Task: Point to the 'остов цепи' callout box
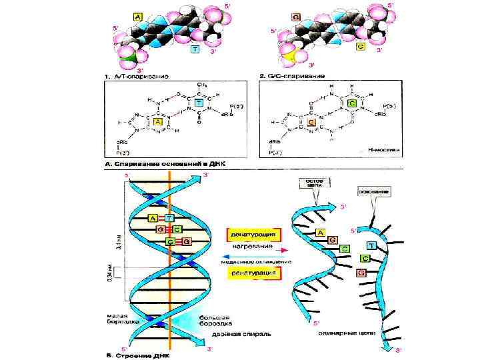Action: (311, 183)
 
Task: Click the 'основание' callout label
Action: (373, 192)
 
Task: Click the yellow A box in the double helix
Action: (153, 218)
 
